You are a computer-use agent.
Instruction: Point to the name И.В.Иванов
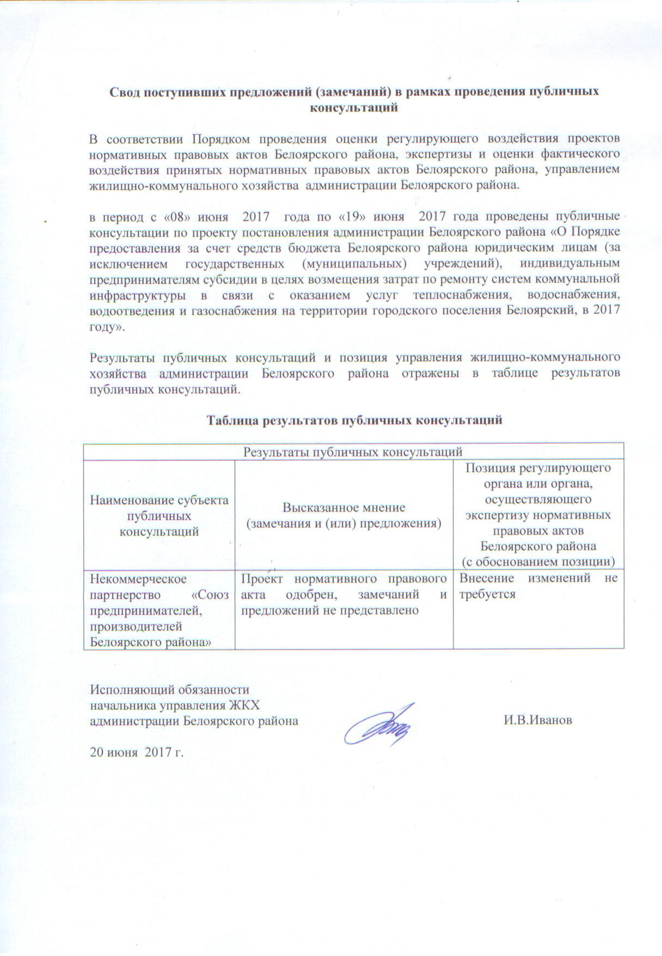point(537,720)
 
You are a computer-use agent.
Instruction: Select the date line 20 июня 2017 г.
point(137,753)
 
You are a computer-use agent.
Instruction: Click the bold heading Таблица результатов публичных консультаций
point(354,420)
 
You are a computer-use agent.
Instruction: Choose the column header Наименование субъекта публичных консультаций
point(159,515)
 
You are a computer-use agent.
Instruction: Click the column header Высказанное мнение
point(344,515)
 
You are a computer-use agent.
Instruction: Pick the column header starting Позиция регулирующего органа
point(538,515)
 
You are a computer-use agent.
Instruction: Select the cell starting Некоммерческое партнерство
point(159,610)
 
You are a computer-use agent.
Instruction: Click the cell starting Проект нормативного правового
point(344,594)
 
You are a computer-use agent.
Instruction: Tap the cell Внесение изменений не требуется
point(538,586)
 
